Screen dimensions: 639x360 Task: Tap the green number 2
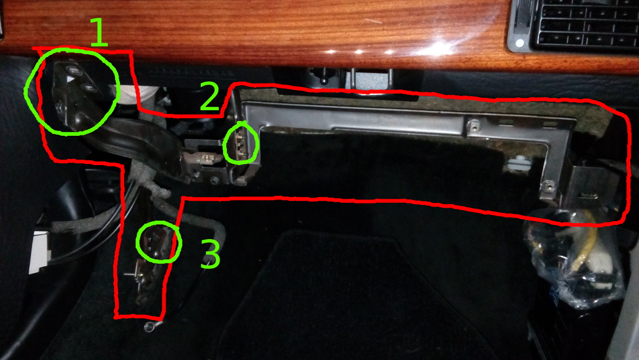[x=210, y=96]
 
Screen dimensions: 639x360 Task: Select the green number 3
[x=210, y=253]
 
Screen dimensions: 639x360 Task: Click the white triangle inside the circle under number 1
[x=69, y=79]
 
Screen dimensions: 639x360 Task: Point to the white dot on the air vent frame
[x=520, y=43]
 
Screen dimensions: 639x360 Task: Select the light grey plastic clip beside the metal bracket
[x=518, y=164]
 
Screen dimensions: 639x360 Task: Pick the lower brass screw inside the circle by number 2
[x=242, y=154]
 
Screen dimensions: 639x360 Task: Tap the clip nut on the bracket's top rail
[x=474, y=125]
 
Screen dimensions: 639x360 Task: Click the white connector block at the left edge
[x=38, y=252]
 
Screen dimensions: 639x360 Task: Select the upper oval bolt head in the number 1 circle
[x=74, y=69]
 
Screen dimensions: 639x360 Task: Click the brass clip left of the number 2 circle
[x=205, y=159]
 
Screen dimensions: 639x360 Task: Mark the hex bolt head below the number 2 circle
[x=214, y=180]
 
